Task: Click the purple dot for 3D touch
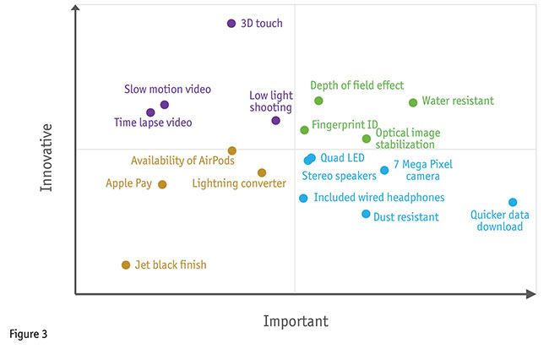231,24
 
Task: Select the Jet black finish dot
126,265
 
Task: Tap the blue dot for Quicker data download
513,202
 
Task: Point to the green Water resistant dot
413,102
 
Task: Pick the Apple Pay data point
162,184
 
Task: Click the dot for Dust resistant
366,214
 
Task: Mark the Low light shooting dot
275,121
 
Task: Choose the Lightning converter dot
262,172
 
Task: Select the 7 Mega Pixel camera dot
384,170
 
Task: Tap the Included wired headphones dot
303,199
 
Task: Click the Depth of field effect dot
318,101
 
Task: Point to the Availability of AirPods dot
232,150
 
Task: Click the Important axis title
296,321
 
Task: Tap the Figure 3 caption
29,334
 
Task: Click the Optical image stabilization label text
408,139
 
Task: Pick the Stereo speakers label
339,176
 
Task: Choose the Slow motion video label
167,89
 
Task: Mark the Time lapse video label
153,123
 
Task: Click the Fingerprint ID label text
345,125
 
